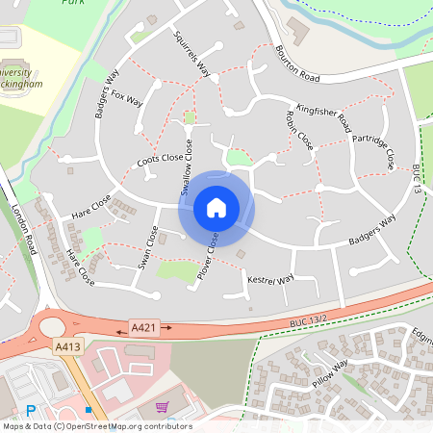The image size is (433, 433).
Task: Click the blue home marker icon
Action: (x=216, y=208)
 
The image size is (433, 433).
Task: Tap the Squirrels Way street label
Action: (x=191, y=52)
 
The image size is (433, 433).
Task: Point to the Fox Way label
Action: (x=126, y=101)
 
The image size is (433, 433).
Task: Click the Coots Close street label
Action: (x=160, y=160)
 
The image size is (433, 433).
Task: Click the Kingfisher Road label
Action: (x=322, y=115)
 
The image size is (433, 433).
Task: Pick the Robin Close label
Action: (x=299, y=130)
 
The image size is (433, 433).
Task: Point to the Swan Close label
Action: (x=148, y=248)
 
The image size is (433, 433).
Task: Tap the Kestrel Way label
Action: (x=270, y=280)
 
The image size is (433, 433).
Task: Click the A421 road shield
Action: (x=141, y=328)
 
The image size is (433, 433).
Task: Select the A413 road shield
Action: (x=66, y=346)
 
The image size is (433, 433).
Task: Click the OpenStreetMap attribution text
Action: (x=96, y=426)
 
